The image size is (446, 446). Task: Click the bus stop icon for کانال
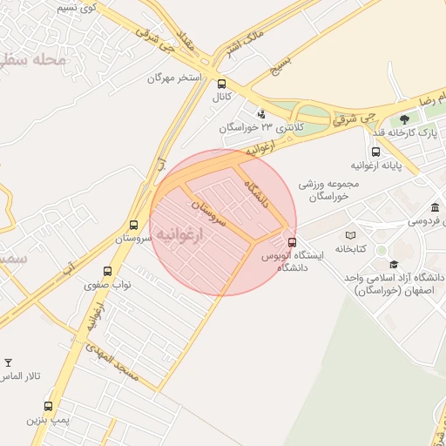click(x=221, y=84)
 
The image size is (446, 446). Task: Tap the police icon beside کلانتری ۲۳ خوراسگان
click(x=260, y=113)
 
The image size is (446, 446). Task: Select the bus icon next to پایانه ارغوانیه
click(x=375, y=151)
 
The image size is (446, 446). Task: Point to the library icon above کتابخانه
click(x=351, y=235)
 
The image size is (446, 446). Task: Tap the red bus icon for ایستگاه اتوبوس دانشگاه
click(x=291, y=243)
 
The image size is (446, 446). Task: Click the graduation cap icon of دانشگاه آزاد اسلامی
click(x=394, y=264)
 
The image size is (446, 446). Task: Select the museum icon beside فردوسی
click(x=435, y=206)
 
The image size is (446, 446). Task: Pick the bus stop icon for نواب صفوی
click(x=107, y=271)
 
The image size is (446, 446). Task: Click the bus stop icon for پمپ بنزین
click(x=48, y=406)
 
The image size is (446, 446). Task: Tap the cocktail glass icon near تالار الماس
click(x=9, y=362)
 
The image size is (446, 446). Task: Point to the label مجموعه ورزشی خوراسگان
click(x=324, y=191)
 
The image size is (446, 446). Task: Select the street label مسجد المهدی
click(x=114, y=363)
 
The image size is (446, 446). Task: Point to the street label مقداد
click(x=186, y=39)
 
